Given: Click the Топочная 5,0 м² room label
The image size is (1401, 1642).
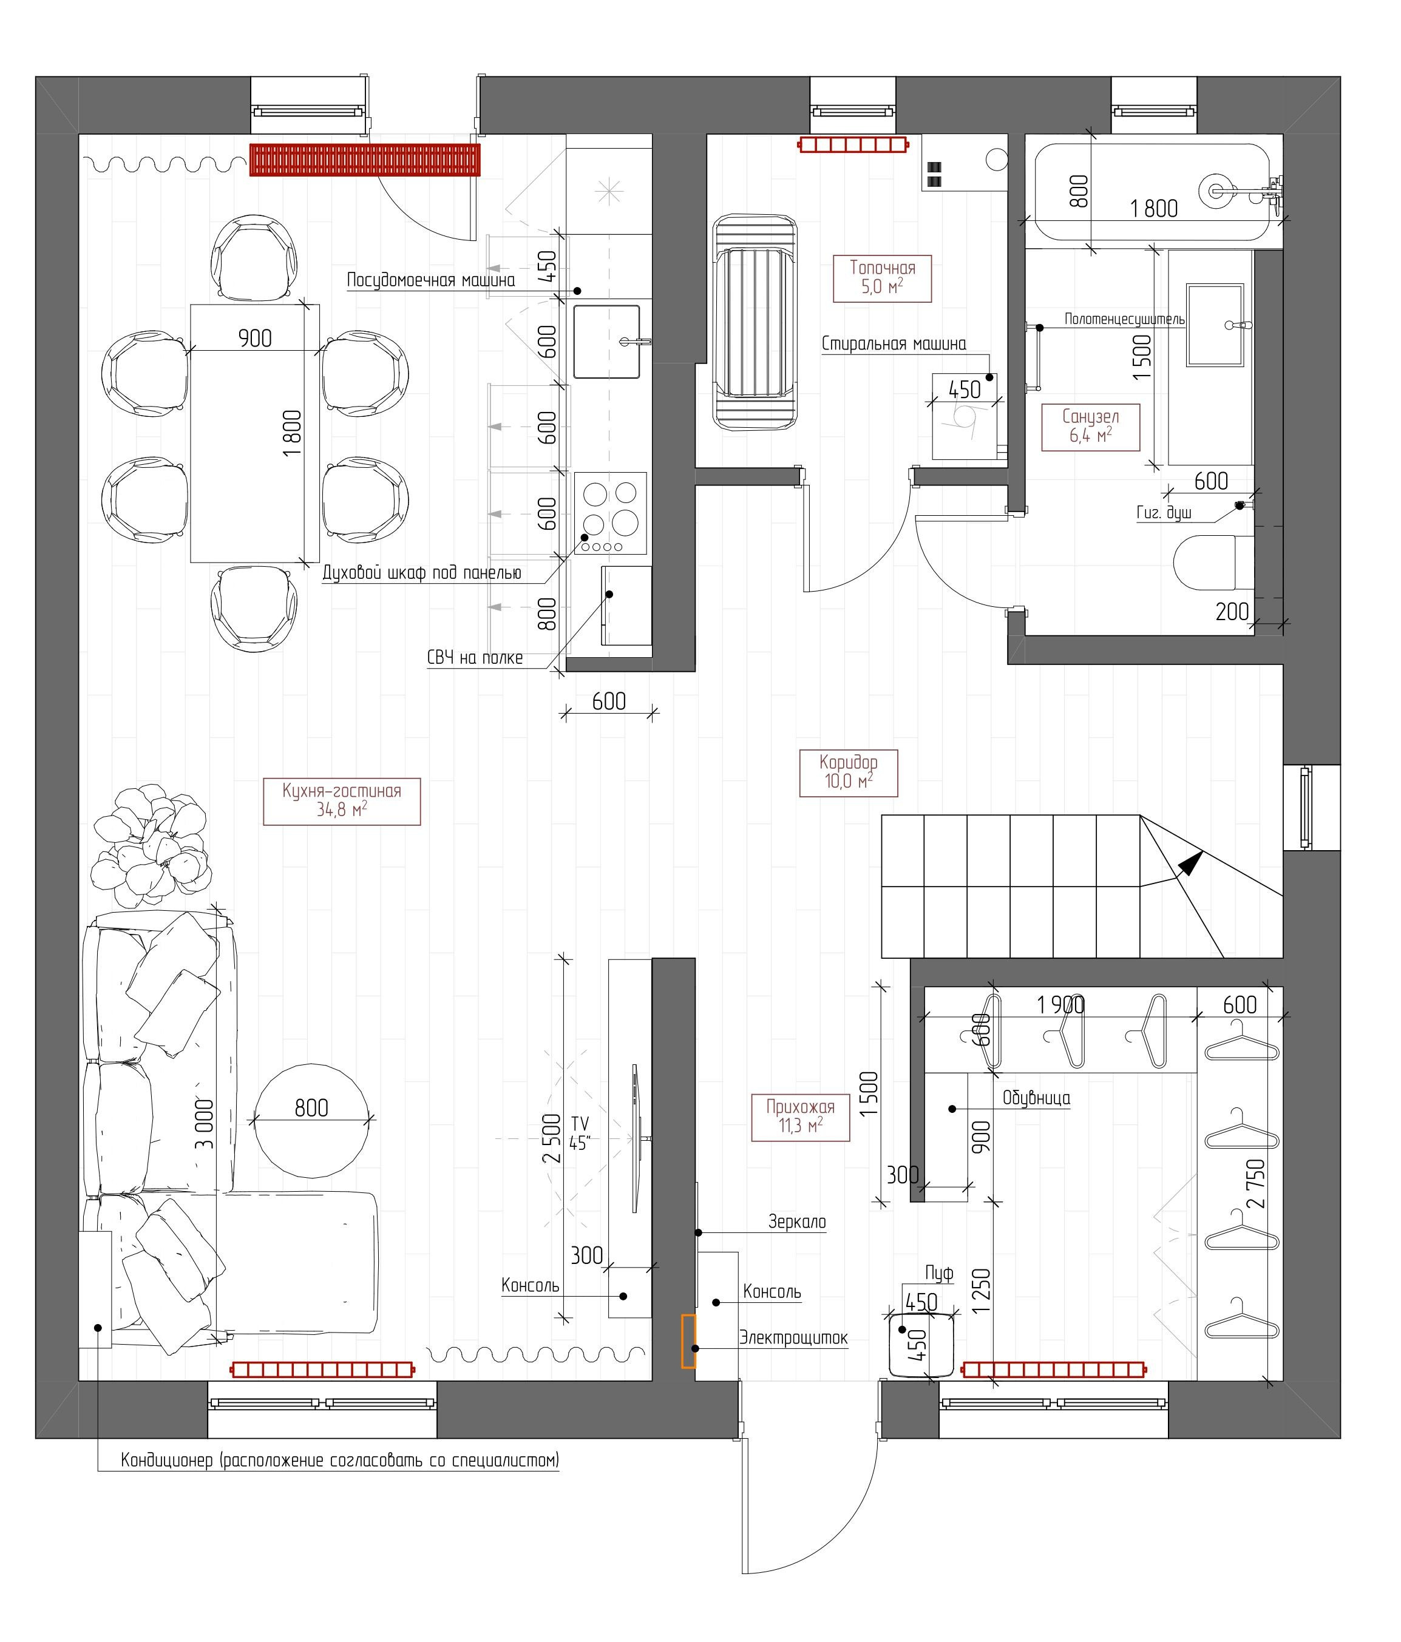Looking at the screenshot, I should tap(881, 277).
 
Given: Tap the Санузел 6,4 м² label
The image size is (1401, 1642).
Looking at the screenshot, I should tap(1090, 427).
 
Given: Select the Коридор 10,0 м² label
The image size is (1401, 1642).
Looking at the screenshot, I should tap(847, 771).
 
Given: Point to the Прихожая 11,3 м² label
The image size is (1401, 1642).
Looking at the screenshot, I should tap(799, 1116).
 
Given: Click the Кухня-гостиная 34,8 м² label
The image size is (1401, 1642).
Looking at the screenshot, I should tap(341, 800).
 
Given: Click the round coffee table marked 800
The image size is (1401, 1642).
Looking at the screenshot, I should tap(311, 1120).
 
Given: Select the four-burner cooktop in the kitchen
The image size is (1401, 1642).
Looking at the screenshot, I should tap(609, 512).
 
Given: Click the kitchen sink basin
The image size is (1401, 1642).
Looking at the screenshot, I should tap(606, 342).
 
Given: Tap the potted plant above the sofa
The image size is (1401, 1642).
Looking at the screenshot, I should tap(151, 844).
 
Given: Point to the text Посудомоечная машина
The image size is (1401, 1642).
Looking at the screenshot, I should tap(430, 280).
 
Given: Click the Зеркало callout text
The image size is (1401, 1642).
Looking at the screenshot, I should tap(796, 1222).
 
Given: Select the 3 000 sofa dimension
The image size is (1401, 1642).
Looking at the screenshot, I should tap(205, 1123).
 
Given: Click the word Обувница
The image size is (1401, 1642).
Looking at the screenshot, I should tap(1036, 1098).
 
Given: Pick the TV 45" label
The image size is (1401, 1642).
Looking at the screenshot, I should tap(580, 1134).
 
